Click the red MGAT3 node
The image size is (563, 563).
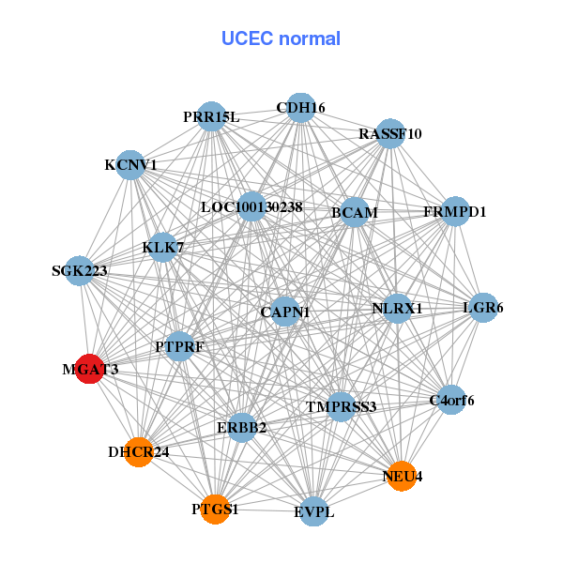[89, 370]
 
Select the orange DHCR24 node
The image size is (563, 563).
[139, 451]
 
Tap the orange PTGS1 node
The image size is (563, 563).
[215, 509]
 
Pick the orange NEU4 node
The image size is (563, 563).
[402, 476]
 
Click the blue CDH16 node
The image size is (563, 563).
[300, 108]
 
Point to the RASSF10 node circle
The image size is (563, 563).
[389, 134]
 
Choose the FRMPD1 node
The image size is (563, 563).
[455, 211]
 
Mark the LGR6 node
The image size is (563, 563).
[482, 308]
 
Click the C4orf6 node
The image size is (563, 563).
[451, 401]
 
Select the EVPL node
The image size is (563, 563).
[313, 511]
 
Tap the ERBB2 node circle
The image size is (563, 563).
[242, 428]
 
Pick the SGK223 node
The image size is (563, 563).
[80, 271]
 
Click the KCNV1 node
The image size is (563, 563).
[130, 165]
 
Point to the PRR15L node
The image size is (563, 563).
[211, 116]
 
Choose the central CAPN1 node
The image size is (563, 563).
[285, 311]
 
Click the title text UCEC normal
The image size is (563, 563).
[281, 38]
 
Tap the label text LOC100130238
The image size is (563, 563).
[251, 206]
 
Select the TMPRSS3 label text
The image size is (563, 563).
[341, 406]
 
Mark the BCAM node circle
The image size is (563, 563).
[354, 213]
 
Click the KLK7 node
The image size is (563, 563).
[163, 248]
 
